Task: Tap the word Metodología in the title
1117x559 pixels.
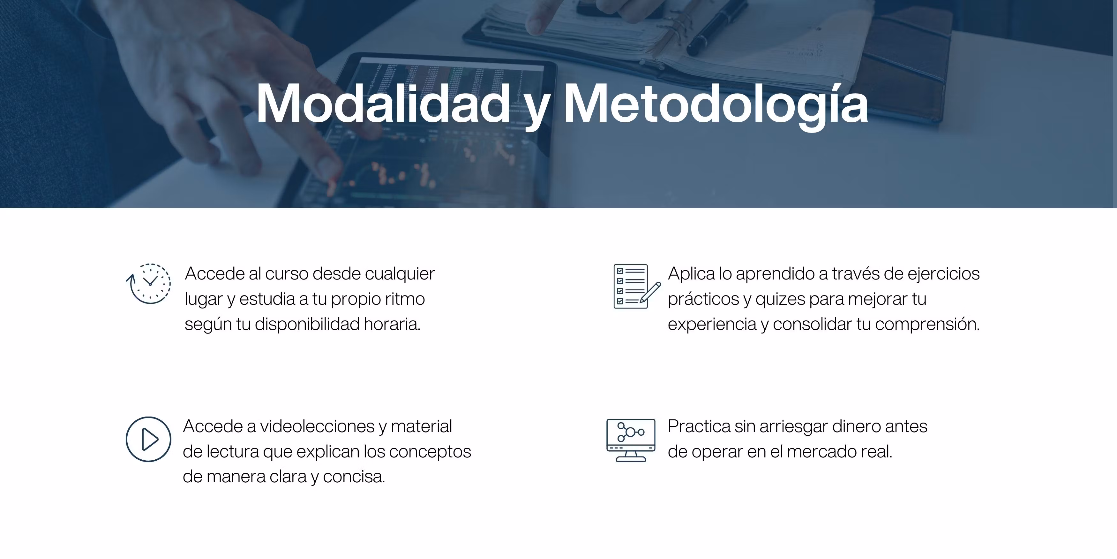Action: [x=716, y=106]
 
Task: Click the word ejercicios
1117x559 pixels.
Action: [x=944, y=275]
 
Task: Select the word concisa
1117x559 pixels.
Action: [x=354, y=477]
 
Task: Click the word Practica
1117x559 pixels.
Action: [x=699, y=427]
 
